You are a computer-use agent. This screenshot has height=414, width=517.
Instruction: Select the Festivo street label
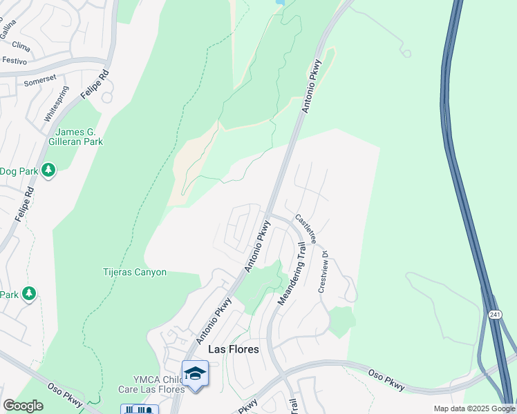[x=14, y=61]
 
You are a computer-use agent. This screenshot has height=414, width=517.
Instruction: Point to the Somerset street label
[x=39, y=81]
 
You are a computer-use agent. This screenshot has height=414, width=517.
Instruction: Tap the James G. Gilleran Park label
[x=79, y=137]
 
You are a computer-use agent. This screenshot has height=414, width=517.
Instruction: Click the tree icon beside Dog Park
[x=48, y=170]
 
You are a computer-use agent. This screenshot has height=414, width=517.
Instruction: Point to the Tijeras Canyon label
[x=135, y=272]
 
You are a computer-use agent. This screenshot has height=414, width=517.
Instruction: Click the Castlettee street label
[x=305, y=229]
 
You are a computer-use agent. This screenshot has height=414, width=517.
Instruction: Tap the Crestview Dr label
[x=323, y=271]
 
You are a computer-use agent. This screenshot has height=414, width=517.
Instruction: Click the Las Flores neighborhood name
[x=234, y=349]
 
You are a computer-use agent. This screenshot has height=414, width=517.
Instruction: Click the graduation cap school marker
[x=195, y=373]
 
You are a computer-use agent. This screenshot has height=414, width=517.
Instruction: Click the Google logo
[x=23, y=406]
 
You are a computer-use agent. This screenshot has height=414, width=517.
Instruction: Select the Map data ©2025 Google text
[x=473, y=408]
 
